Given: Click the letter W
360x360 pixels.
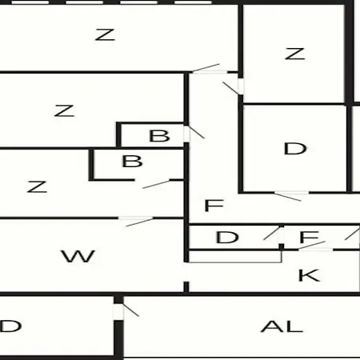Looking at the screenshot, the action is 78,256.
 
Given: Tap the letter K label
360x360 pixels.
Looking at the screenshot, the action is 309,275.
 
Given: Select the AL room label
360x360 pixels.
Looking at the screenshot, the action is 282,326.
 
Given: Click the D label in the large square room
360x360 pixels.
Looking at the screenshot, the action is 295,149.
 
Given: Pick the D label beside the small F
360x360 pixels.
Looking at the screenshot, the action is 227,237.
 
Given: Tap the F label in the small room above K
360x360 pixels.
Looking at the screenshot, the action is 310,237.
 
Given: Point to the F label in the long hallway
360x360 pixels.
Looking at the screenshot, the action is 214,206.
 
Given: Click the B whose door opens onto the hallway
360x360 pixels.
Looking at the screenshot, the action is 159,135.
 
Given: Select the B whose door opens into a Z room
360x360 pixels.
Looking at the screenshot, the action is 132,161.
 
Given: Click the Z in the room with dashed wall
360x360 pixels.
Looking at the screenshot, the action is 105,34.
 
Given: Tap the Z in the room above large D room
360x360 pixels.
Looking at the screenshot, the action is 294,54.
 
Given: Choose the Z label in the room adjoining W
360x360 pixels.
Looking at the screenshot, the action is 37,186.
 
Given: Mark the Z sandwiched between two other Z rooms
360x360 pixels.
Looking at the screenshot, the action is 64,110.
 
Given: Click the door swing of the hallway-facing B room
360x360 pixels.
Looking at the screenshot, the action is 196,132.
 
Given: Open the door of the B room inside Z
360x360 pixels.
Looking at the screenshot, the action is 156,185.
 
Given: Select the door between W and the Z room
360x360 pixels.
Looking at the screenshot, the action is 139,222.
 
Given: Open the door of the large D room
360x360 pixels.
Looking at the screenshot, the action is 288,197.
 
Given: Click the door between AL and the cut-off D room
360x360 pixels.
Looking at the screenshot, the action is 130,310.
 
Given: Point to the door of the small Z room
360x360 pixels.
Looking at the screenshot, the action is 231,88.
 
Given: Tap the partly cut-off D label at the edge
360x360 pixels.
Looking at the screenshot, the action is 10,326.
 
